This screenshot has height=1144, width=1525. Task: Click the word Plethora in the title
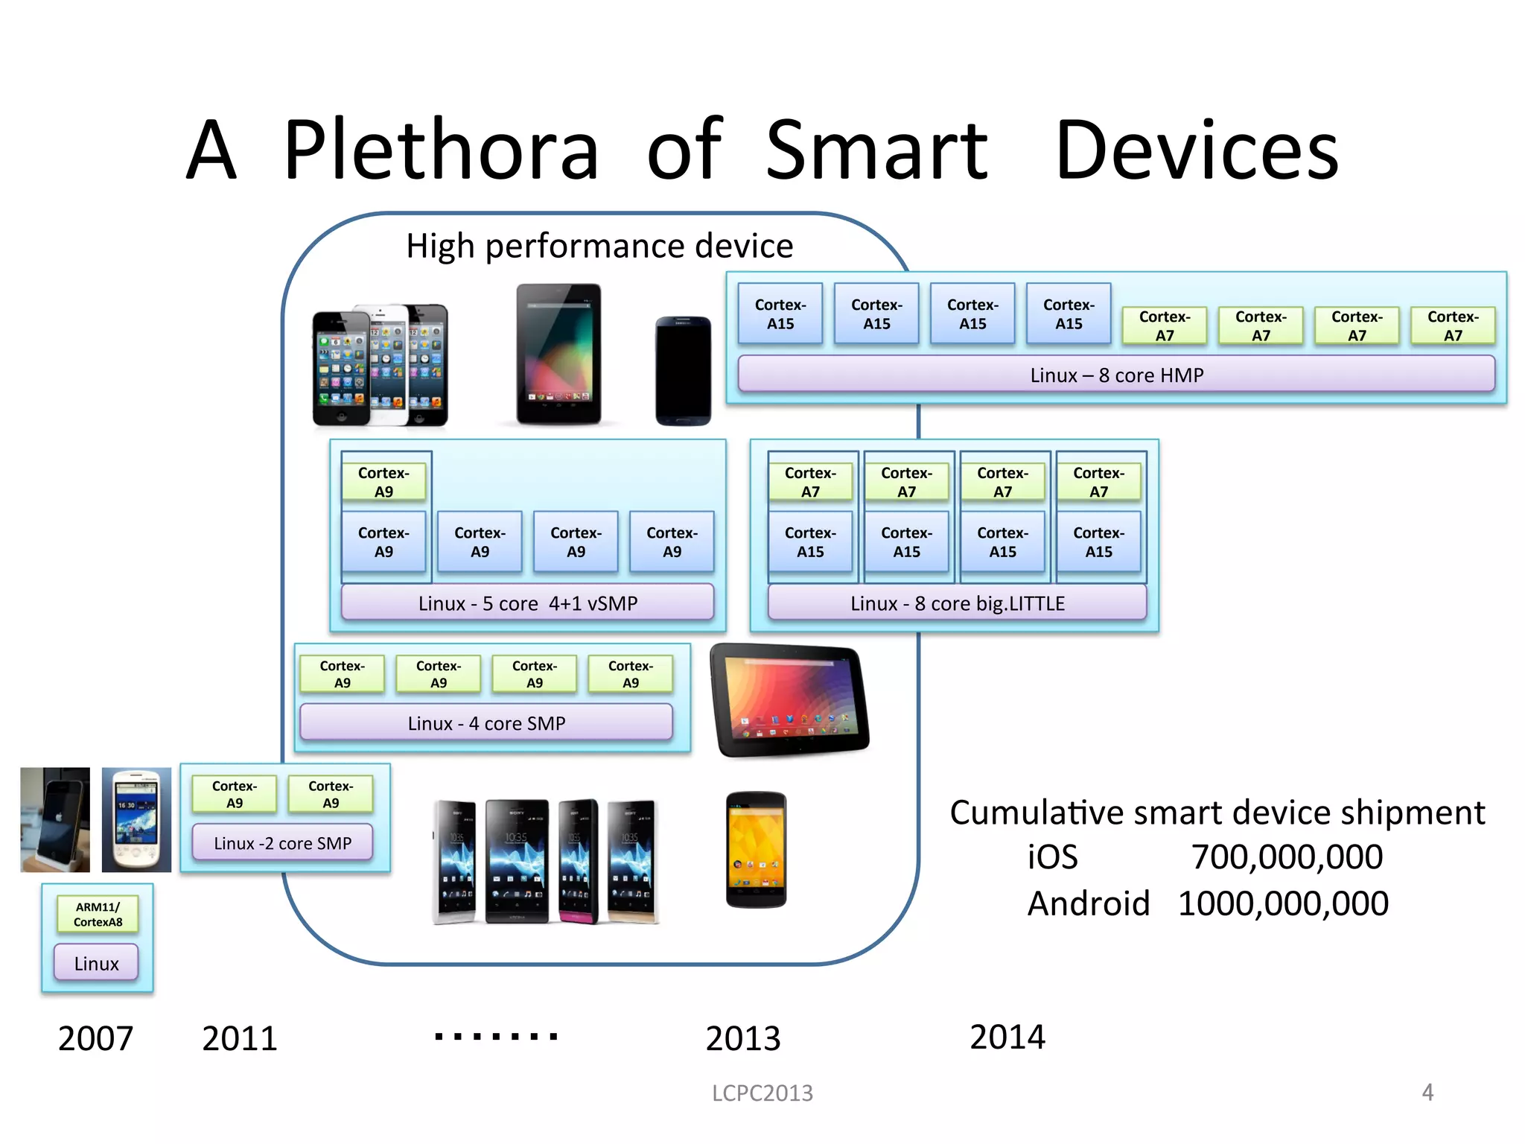[x=441, y=150]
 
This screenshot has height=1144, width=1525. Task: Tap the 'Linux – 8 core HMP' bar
[x=1115, y=375]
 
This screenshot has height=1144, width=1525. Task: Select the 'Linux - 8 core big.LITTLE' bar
[x=957, y=603]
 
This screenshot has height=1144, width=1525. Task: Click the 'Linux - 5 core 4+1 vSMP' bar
[x=527, y=603]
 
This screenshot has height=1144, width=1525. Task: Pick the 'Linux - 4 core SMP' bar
[x=486, y=722]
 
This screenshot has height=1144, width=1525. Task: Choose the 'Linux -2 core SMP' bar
[x=282, y=843]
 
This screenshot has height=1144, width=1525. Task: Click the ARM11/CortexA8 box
[x=98, y=914]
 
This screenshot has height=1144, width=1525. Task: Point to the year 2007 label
[x=95, y=1038]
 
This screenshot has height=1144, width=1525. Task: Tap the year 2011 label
[x=239, y=1038]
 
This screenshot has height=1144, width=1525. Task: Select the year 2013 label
[x=742, y=1038]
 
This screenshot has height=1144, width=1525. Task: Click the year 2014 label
[x=1007, y=1037]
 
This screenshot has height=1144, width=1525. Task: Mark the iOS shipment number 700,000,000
[x=1287, y=857]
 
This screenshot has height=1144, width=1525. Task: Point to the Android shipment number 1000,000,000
[x=1283, y=903]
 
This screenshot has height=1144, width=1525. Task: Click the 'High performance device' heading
[x=599, y=246]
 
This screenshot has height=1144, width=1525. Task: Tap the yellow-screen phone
[x=756, y=850]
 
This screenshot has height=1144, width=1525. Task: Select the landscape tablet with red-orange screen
[x=790, y=700]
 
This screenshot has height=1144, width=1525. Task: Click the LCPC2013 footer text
[x=762, y=1093]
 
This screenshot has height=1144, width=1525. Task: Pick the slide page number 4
[x=1427, y=1092]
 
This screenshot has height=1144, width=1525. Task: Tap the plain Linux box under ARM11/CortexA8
[x=96, y=963]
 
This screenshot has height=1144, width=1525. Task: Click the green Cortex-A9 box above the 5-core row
[x=383, y=482]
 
